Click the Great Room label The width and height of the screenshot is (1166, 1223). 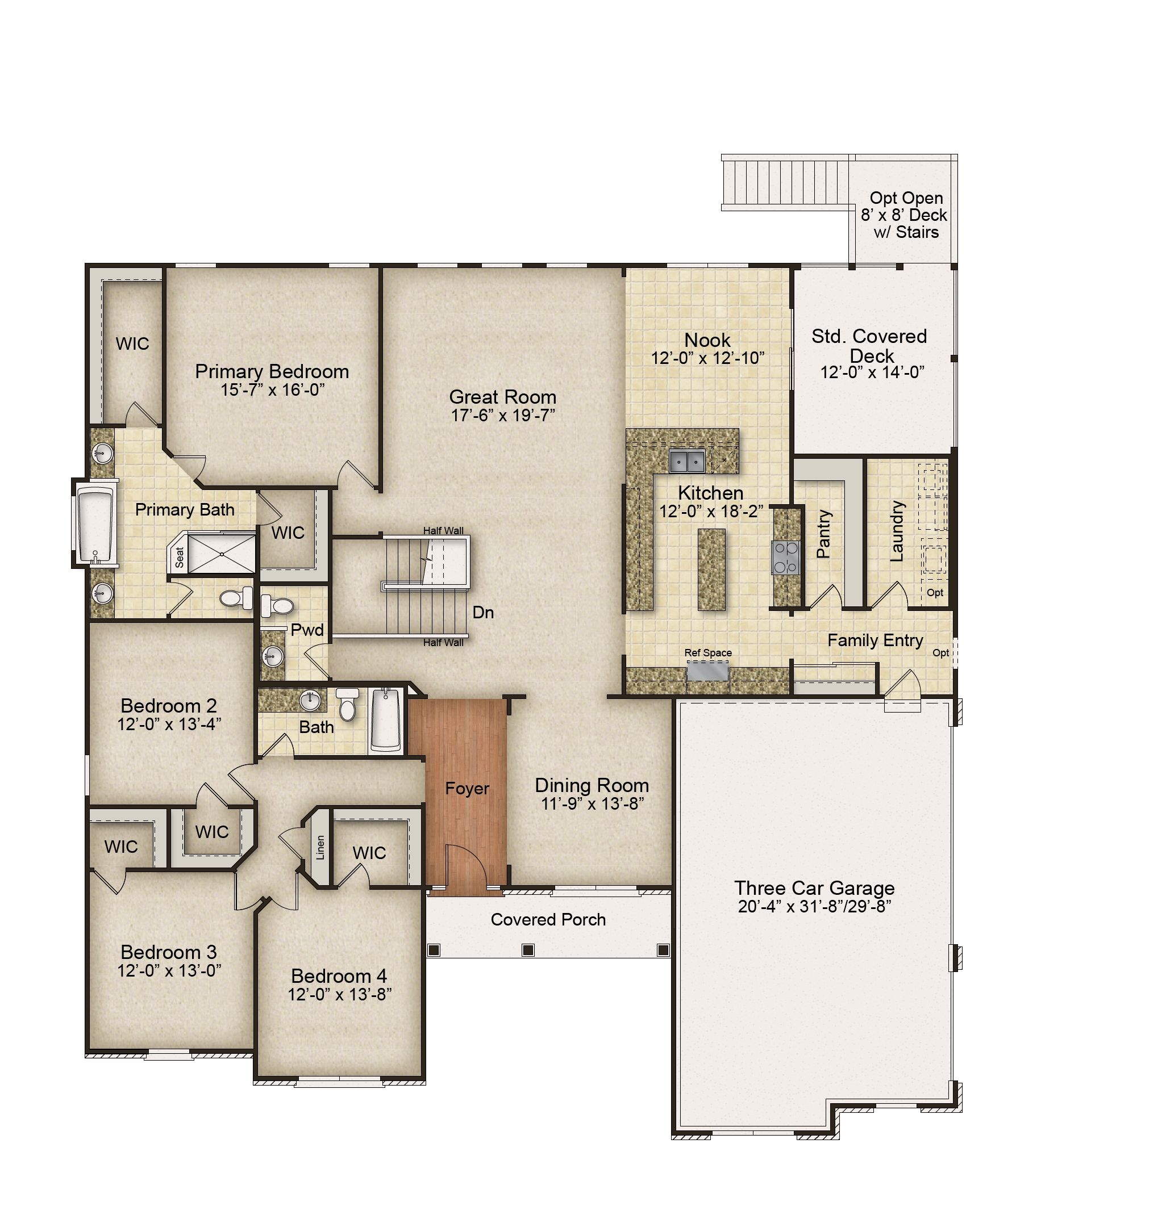pos(502,397)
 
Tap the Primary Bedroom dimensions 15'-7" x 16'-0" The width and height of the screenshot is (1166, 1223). pos(272,389)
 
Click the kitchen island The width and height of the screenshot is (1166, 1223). pos(711,569)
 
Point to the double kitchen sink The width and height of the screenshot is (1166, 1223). pos(687,462)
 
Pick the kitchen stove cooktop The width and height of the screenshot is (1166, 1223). pos(786,557)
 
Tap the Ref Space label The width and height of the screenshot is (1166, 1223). pos(708,653)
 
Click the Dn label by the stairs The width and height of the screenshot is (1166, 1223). pos(483,613)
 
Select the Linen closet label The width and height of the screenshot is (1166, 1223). pos(320,847)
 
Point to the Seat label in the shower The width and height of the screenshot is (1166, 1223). pos(180,557)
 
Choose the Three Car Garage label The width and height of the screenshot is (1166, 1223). pos(814,887)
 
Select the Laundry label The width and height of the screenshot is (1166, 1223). pos(896,531)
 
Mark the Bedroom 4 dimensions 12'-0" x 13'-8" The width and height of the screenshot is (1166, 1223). pos(339,994)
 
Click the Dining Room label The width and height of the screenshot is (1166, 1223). pos(592,785)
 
